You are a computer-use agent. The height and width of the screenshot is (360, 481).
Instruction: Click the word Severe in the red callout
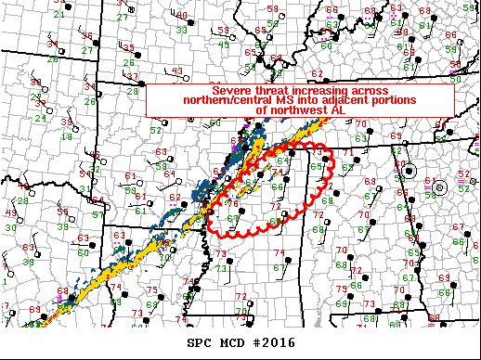232,90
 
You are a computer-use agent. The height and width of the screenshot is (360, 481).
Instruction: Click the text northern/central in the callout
202,99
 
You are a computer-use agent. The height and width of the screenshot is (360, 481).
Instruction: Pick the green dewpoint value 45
224,45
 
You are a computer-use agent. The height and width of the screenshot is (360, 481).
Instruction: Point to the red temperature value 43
176,71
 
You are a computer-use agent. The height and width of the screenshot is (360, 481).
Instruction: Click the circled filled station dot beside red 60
407,171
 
